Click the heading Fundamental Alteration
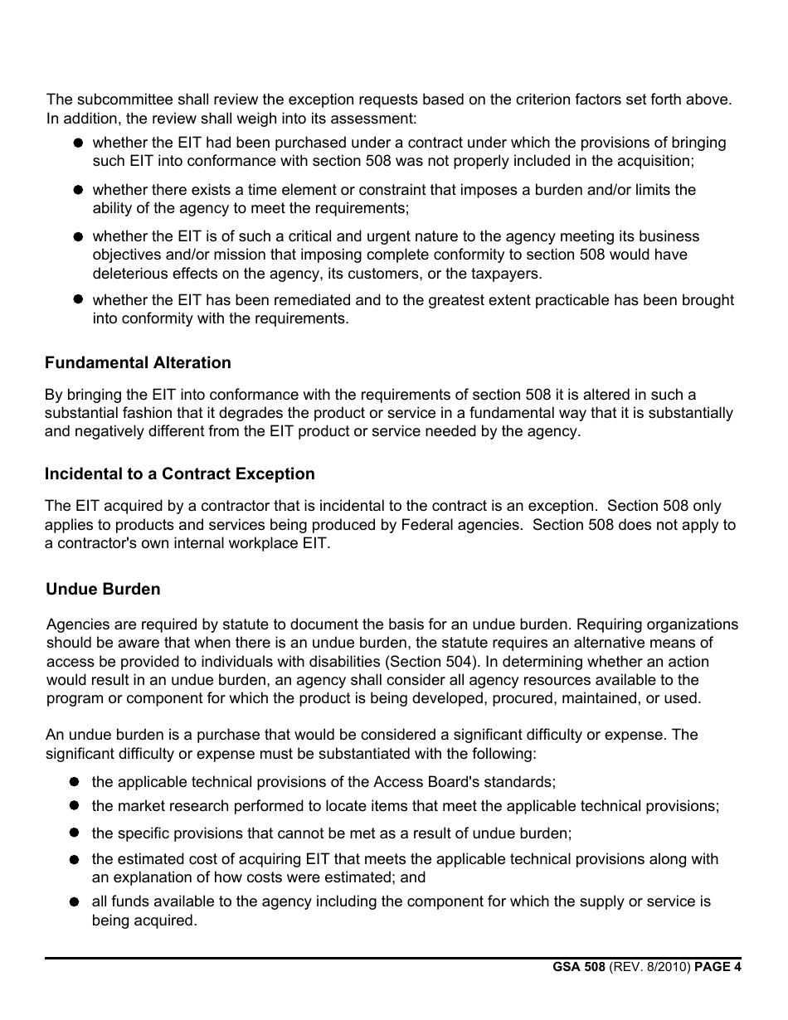(138, 363)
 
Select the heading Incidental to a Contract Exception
(180, 474)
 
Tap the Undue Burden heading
(104, 590)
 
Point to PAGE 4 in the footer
(717, 967)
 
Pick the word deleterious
(134, 274)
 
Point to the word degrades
(331, 413)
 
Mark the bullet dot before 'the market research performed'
(75, 806)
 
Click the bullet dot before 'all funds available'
(75, 902)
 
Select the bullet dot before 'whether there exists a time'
(77, 190)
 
